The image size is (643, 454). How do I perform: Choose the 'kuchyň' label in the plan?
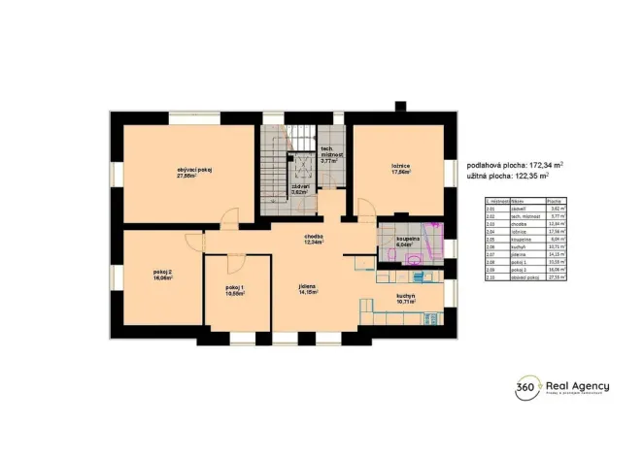coord(406,297)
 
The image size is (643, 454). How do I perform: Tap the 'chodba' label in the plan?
coord(312,237)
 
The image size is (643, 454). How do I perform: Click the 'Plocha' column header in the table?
coord(558,199)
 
